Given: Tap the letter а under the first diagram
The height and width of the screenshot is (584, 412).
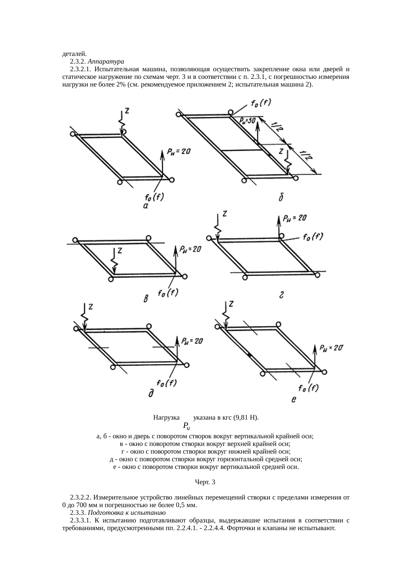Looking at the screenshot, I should click(x=146, y=207).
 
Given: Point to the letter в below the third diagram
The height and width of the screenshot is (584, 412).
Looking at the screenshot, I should click(x=145, y=299).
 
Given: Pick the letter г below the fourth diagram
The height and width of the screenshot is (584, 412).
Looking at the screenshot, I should click(x=281, y=295).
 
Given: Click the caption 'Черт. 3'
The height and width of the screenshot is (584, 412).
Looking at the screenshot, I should click(x=205, y=482).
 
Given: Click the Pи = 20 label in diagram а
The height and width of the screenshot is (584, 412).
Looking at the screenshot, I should click(x=179, y=151).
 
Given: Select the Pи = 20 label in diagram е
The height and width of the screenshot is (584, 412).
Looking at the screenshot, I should click(x=331, y=348).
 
